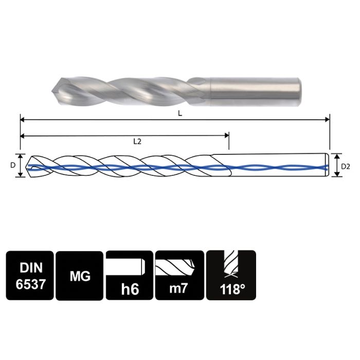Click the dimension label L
pos(179,114)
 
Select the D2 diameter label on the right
pos(346,166)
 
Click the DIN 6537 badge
pos(30,275)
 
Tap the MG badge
pos(80,275)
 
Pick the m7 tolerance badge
pos(179,275)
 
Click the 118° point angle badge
pos(231,275)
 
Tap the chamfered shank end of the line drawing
pos(328,166)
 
